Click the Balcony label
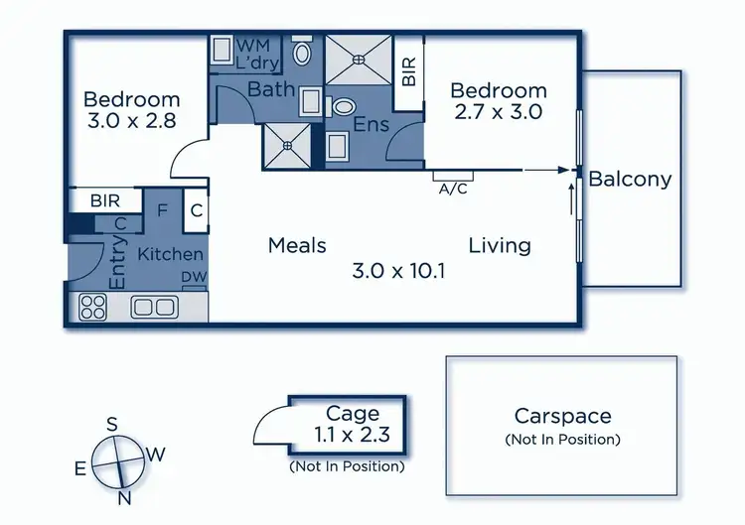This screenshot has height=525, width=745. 630,180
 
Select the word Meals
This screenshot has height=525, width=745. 297,245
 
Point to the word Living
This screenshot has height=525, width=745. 500,245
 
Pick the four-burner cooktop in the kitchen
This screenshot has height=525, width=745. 92,306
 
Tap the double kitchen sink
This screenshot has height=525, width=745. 154,307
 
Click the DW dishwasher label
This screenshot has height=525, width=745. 193,279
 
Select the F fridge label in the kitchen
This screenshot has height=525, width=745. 163,210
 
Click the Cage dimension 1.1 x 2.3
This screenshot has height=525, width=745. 353,434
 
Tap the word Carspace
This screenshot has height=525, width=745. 562,417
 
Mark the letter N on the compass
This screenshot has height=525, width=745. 123,498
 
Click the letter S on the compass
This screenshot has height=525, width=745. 112,425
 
